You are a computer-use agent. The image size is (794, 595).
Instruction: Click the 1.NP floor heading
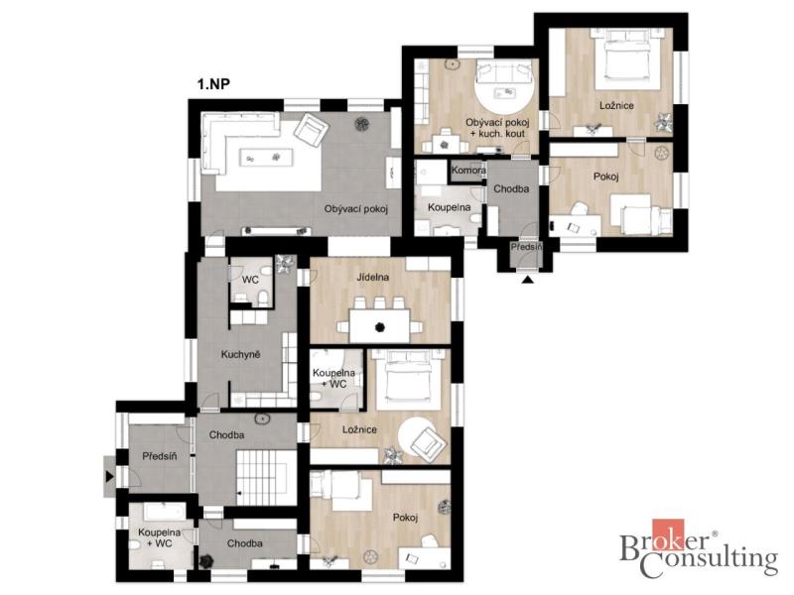[213, 83]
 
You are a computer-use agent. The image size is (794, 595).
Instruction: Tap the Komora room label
[468, 170]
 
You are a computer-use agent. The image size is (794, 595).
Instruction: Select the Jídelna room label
[373, 277]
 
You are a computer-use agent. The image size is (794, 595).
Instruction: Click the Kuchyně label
[240, 355]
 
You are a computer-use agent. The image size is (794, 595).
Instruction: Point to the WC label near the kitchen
[250, 280]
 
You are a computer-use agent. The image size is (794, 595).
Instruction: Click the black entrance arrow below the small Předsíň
[528, 279]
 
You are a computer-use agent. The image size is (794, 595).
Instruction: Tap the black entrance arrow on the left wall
[110, 476]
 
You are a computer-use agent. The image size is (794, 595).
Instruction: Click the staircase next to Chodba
[266, 477]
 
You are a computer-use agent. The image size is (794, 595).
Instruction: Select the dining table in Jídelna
[380, 326]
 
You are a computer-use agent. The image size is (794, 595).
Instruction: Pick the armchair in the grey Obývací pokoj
[310, 130]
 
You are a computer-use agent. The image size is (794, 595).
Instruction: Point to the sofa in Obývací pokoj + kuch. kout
[504, 72]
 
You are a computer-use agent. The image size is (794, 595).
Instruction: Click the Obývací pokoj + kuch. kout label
[497, 128]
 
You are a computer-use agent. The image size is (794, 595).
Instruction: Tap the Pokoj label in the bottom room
[405, 518]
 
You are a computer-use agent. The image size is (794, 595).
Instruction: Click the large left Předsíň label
[160, 456]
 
